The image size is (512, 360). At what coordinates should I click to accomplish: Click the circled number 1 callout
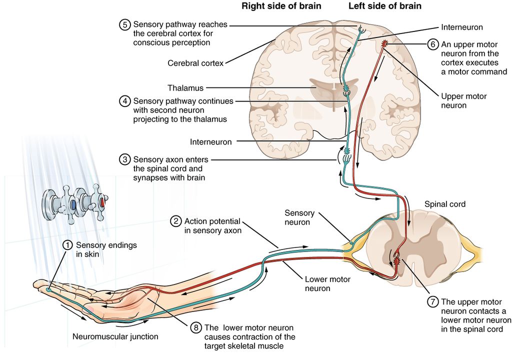(67, 245)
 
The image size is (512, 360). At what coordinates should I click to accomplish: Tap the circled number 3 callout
(124, 159)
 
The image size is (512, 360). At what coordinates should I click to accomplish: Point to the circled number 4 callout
(124, 101)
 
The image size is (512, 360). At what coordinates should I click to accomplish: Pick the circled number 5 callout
(124, 24)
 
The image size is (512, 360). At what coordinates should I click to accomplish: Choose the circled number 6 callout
(432, 44)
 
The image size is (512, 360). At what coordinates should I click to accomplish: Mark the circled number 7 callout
(432, 301)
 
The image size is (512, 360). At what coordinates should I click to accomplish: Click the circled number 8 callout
(196, 328)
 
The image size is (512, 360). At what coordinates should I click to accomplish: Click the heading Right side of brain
(281, 6)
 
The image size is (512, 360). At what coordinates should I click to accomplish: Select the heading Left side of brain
(384, 6)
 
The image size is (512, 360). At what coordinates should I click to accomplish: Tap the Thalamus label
(185, 88)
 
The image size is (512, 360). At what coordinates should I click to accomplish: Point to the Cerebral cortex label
(195, 63)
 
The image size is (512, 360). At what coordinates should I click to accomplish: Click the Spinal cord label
(444, 204)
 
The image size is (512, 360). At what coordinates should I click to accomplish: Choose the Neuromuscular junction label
(115, 336)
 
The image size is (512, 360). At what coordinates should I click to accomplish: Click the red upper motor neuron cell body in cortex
(384, 44)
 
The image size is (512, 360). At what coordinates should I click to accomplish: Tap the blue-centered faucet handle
(73, 204)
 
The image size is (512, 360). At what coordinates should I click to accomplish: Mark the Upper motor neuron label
(463, 100)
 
